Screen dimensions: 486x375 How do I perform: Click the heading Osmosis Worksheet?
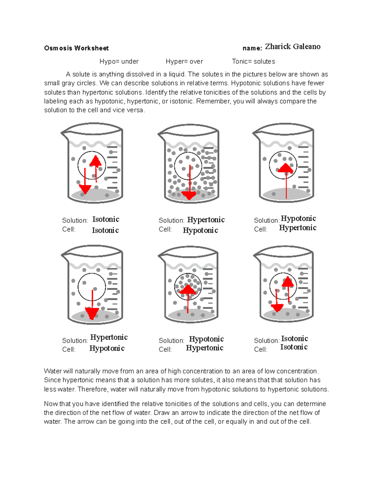click(x=76, y=48)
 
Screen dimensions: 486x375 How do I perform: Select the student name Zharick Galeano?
click(x=292, y=47)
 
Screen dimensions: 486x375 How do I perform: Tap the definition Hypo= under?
click(x=119, y=62)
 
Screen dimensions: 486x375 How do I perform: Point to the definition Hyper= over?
click(x=184, y=62)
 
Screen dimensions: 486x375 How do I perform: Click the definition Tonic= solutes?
click(x=253, y=62)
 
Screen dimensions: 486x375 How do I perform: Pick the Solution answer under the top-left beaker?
click(x=106, y=219)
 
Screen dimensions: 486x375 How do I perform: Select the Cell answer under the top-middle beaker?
click(x=200, y=230)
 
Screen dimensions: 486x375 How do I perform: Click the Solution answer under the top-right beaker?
click(x=298, y=218)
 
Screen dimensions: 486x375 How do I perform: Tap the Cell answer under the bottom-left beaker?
click(x=107, y=348)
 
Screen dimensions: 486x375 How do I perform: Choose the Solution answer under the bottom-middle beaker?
click(x=206, y=339)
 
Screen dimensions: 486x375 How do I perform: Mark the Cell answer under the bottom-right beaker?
click(x=294, y=347)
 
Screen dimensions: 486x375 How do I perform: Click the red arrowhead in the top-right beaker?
click(x=285, y=168)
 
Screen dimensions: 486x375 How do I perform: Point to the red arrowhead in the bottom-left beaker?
click(x=92, y=313)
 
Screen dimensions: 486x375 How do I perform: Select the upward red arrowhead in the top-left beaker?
click(x=96, y=161)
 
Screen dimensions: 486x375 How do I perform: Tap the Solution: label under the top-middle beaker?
click(x=171, y=220)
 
